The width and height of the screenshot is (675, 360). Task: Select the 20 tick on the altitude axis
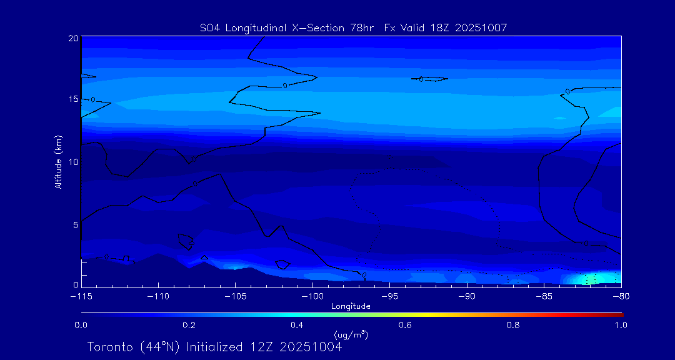(72, 38)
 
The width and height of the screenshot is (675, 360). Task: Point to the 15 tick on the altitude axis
(72, 99)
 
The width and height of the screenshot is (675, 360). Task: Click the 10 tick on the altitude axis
(72, 162)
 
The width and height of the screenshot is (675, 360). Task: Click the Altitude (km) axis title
(58, 162)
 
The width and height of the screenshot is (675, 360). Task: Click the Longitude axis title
(351, 306)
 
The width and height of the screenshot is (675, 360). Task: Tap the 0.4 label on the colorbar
(297, 325)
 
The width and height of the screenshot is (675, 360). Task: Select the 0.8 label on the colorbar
(513, 325)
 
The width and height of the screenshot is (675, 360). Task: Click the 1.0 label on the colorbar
(621, 325)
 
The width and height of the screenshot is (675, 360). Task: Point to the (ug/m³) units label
(351, 335)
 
